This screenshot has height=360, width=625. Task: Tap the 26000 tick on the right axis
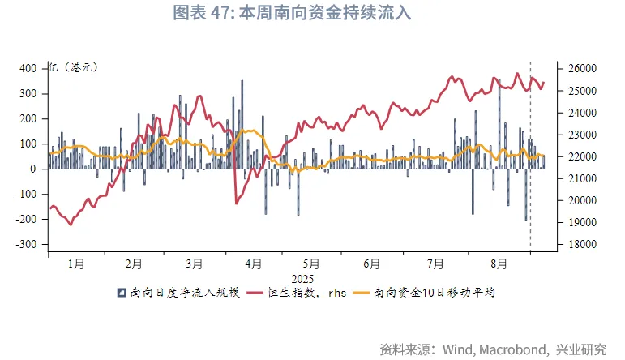[578, 68]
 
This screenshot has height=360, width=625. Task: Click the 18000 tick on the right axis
[578, 244]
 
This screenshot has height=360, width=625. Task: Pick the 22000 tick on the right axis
[578, 156]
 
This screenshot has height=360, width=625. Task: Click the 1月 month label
[76, 264]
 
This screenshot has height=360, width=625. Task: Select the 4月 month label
[253, 264]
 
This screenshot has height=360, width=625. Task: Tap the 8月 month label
[499, 264]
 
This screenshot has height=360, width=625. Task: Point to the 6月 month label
[372, 264]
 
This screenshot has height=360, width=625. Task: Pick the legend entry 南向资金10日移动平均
[434, 293]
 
